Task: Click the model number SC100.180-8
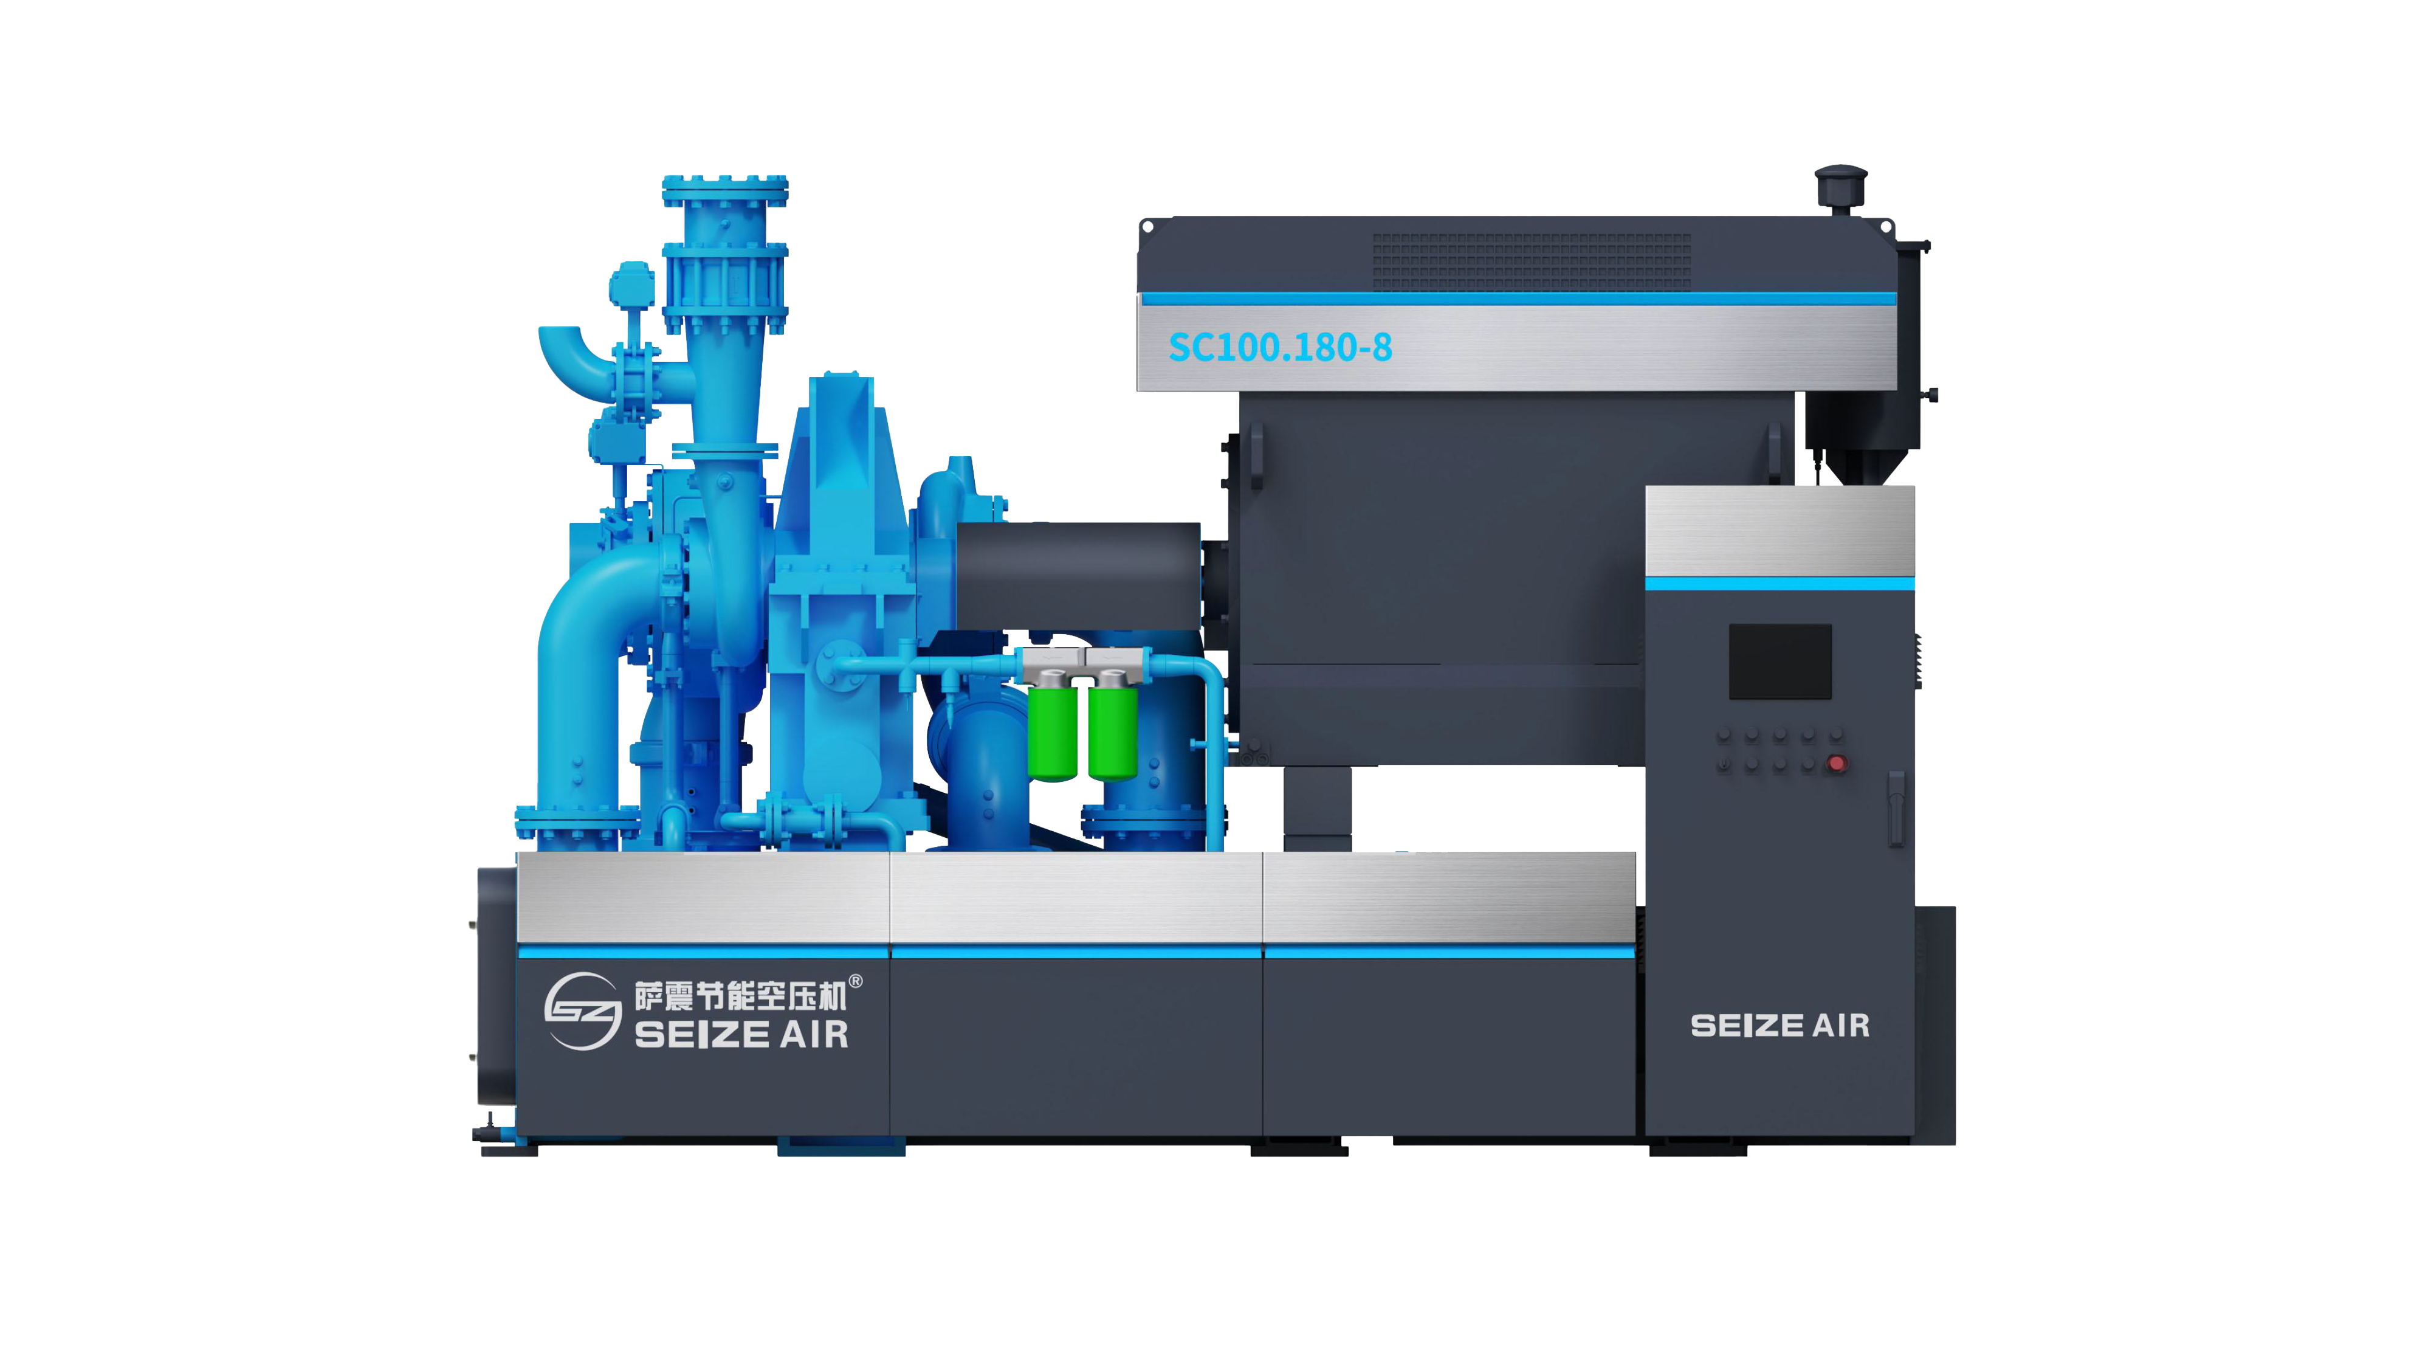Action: point(1281,347)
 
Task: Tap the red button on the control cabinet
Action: point(1837,763)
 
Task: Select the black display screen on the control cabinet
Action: point(1780,662)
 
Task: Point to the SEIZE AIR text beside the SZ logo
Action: point(741,1035)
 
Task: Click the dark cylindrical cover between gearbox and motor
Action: point(1078,577)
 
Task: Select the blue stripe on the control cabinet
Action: point(1780,584)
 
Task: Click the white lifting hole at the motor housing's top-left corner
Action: point(1147,227)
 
